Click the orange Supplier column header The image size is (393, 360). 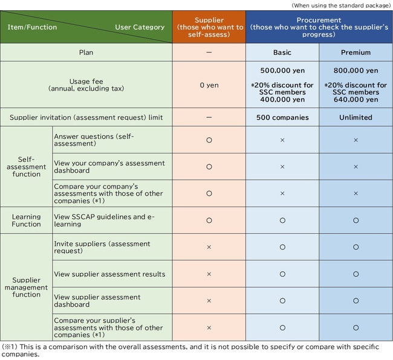click(209, 27)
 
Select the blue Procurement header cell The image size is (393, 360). click(319, 27)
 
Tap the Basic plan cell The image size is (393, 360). click(282, 53)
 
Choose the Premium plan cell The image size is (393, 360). click(356, 53)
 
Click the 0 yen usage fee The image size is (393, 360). click(209, 85)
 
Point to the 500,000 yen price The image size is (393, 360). click(282, 71)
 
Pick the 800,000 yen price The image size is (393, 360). click(356, 71)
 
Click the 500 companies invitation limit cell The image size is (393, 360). click(282, 117)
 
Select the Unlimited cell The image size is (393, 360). click(356, 117)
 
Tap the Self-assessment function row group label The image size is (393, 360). click(27, 167)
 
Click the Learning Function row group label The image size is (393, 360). click(27, 220)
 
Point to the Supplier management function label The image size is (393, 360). click(27, 288)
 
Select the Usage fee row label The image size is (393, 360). click(86, 85)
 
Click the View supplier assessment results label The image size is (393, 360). click(109, 274)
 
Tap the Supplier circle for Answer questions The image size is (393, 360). click(209, 140)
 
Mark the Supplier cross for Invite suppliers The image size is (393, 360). click(209, 248)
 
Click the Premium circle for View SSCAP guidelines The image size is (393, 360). click(356, 220)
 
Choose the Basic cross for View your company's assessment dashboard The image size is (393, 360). click(282, 167)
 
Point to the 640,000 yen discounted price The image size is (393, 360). click(356, 100)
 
